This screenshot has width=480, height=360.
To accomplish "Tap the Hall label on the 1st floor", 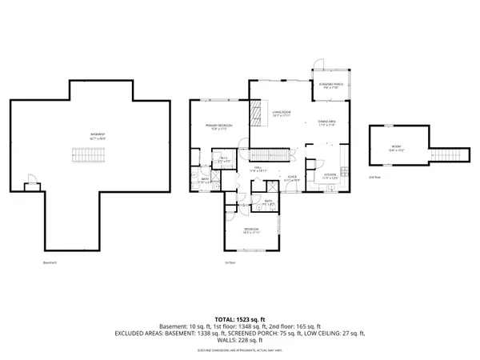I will point(259,169).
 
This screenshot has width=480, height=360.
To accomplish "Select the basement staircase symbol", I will point(86,154).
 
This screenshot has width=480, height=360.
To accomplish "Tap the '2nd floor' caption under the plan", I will point(374,176).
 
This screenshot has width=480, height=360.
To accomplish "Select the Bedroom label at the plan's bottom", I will point(252,231).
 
